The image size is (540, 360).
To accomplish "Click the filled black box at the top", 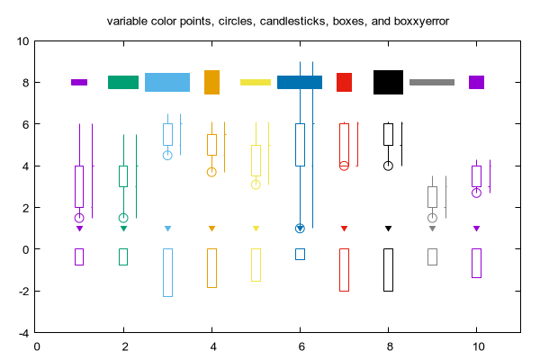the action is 388,82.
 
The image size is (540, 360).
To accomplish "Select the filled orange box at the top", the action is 211,82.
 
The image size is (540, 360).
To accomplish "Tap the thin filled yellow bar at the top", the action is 256,82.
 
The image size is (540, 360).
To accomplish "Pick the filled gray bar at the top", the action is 432,82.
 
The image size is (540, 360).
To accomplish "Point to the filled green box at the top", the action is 123,82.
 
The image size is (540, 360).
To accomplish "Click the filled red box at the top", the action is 344,82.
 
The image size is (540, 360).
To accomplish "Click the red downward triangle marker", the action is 344,229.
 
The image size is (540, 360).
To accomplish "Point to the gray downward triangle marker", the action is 432,229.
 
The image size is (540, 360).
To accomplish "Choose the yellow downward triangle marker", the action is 256,229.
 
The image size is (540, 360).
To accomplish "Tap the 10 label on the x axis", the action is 479,346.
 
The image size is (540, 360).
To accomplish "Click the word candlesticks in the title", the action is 292,22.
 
